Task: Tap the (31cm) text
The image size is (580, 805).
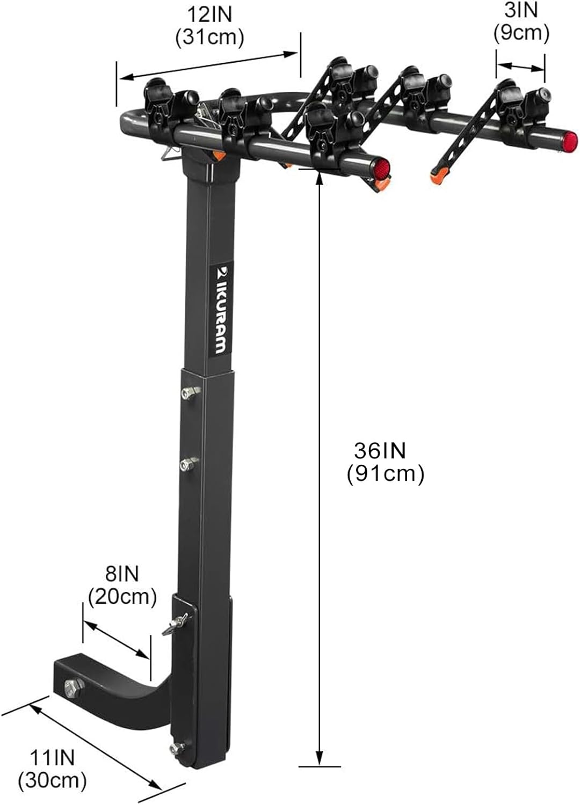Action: (209, 38)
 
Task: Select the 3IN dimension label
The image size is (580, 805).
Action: (521, 11)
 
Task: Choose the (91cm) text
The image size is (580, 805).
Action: (386, 474)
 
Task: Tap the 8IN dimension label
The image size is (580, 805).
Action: (122, 574)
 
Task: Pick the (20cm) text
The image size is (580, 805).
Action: (122, 596)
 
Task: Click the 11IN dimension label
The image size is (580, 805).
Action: (52, 758)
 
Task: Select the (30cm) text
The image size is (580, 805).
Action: (52, 780)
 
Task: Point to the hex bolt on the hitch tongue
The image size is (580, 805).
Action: (71, 686)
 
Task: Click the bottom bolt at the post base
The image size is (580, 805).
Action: (177, 749)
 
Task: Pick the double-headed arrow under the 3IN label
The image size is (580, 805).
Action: (520, 67)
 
